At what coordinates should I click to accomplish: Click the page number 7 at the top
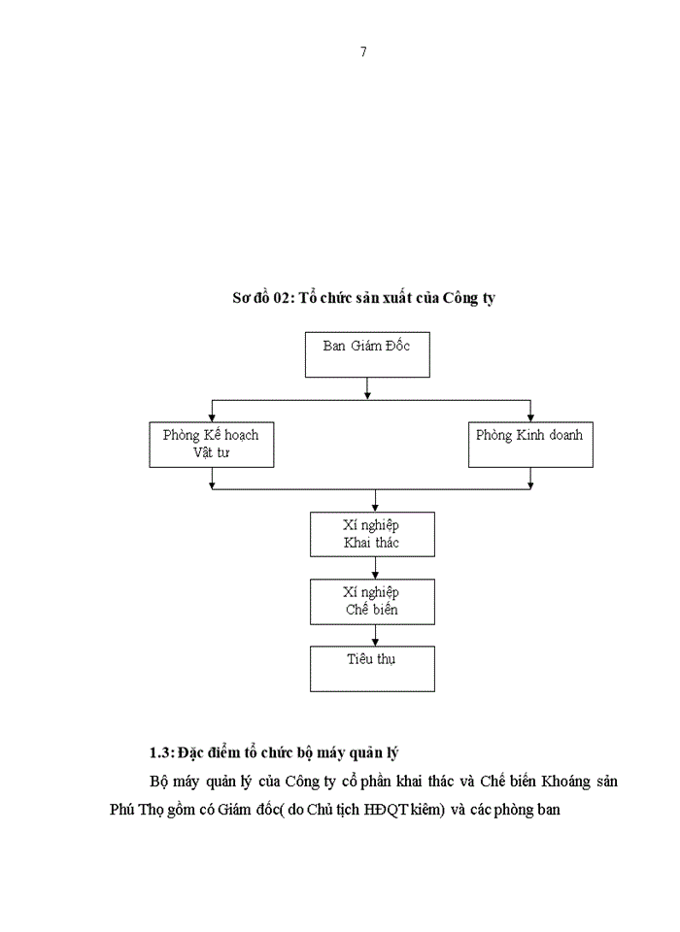[x=363, y=51]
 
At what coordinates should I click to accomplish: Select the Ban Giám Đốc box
[x=366, y=354]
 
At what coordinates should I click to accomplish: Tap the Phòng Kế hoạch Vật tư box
[x=211, y=444]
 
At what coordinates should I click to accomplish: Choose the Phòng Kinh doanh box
[x=529, y=444]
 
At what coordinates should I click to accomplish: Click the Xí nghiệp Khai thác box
[x=372, y=533]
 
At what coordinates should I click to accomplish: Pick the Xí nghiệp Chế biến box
[x=372, y=601]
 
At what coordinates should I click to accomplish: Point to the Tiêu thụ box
[x=372, y=668]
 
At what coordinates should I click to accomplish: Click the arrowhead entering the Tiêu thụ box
[x=375, y=642]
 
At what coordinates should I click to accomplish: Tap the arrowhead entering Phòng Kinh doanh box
[x=530, y=416]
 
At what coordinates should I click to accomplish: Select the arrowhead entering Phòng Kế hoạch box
[x=211, y=416]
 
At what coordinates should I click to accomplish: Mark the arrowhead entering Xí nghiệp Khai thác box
[x=375, y=507]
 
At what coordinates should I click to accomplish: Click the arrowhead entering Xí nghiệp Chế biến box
[x=375, y=574]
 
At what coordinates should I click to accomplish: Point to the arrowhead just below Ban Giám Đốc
[x=366, y=393]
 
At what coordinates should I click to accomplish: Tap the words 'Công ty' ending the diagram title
[x=468, y=298]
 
